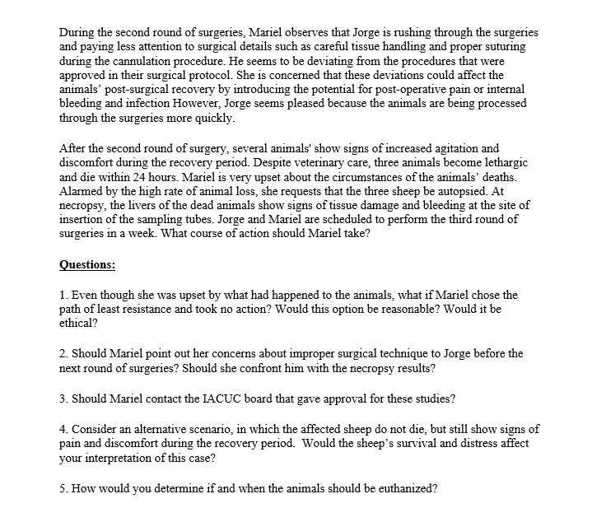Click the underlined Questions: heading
pyautogui.click(x=87, y=265)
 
